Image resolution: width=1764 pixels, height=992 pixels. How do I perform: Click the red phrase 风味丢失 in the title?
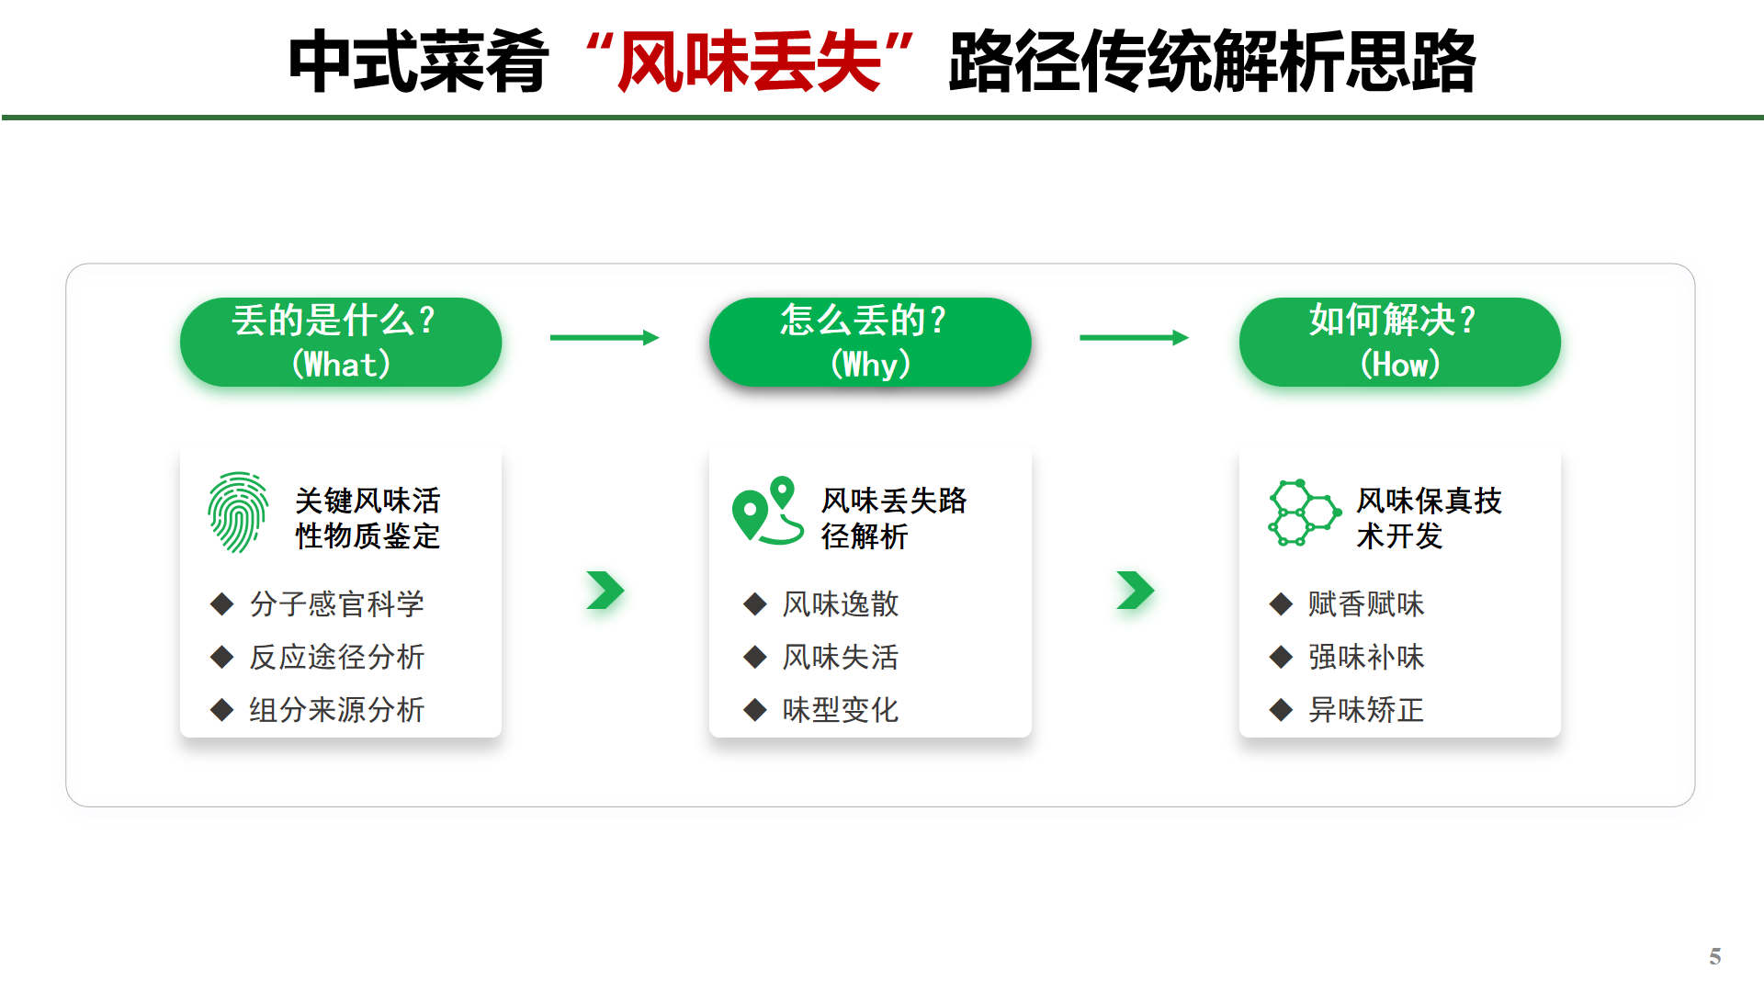pos(749,62)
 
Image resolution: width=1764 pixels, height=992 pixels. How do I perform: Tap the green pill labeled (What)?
pos(341,342)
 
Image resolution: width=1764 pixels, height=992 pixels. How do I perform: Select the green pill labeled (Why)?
pos(870,342)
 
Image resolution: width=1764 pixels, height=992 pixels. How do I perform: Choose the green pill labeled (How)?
pos(1399,342)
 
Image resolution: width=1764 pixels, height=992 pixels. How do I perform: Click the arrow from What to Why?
pos(605,338)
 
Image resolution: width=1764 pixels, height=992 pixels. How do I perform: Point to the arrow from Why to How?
pos(1134,338)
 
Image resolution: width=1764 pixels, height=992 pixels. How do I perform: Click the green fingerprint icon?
pos(238,513)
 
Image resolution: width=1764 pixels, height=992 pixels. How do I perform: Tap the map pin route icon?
pos(767,511)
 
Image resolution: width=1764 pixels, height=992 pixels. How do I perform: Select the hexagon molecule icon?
pos(1303,513)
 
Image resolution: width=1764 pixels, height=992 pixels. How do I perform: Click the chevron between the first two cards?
pos(605,591)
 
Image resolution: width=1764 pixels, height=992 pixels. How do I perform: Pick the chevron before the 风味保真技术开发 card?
pos(1136,591)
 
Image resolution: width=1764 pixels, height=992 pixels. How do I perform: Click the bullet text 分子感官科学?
pos(336,604)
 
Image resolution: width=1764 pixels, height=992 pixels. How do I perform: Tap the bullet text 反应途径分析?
pos(336,657)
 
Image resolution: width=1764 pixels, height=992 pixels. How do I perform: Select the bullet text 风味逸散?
pos(840,604)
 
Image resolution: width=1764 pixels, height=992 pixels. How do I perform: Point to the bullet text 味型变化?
pos(840,710)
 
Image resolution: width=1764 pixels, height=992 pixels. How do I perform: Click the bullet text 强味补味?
pos(1366,657)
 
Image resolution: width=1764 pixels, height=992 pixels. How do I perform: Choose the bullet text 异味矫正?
pos(1366,710)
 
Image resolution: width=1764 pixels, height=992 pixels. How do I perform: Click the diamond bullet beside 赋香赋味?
pos(1281,604)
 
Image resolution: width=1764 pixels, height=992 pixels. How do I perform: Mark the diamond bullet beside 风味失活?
pos(755,657)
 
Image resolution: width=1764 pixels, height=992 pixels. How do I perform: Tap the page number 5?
pos(1714,957)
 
